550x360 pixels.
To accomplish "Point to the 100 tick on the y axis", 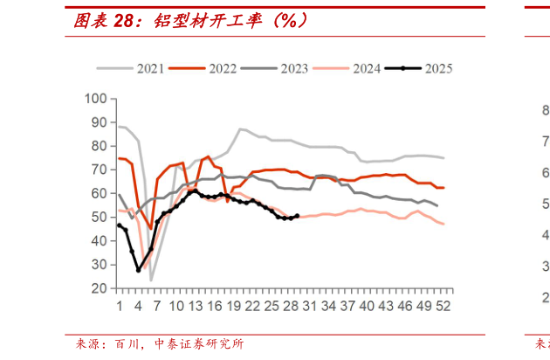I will click(x=96, y=99).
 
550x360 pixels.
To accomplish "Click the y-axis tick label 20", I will click(x=100, y=288).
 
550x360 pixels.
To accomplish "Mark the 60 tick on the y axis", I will click(x=100, y=193).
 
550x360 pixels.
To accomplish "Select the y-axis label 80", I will click(x=100, y=146).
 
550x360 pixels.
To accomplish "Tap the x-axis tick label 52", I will click(x=443, y=307).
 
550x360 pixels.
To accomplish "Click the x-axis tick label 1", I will click(x=119, y=307).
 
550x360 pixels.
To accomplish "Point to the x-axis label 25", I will click(x=272, y=307).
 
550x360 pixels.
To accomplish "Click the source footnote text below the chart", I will click(x=157, y=344).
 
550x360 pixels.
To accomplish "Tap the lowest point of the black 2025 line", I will click(x=138, y=270).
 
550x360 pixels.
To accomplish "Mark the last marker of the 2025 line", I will click(x=297, y=216).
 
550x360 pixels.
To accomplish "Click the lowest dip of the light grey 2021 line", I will click(x=151, y=280).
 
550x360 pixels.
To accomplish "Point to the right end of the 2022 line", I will click(x=443, y=188).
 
